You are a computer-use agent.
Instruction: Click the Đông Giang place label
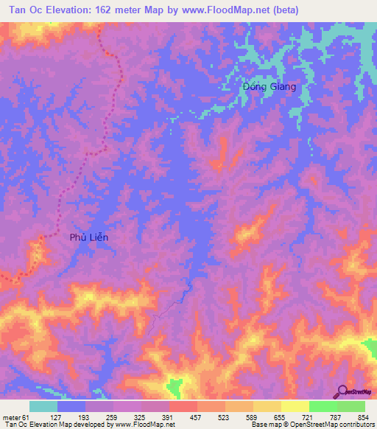[269, 86]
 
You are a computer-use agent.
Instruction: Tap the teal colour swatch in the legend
[43, 406]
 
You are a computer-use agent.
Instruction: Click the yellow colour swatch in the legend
[295, 406]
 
